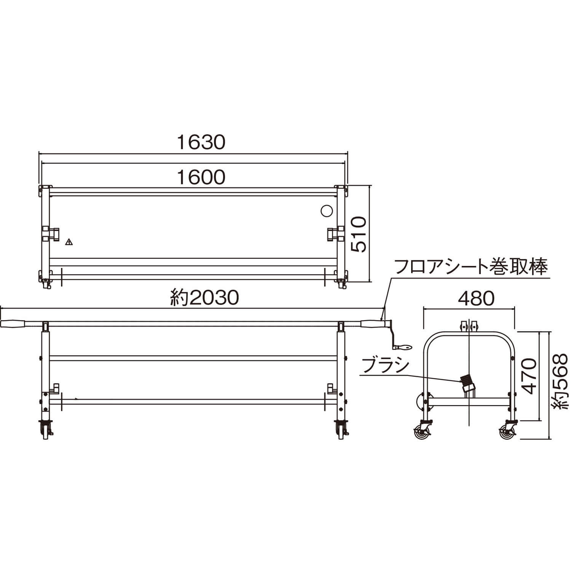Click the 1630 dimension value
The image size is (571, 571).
[201, 142]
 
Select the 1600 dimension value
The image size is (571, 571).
[201, 177]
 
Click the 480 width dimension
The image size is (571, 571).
[476, 299]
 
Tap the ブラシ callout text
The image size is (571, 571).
[385, 366]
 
